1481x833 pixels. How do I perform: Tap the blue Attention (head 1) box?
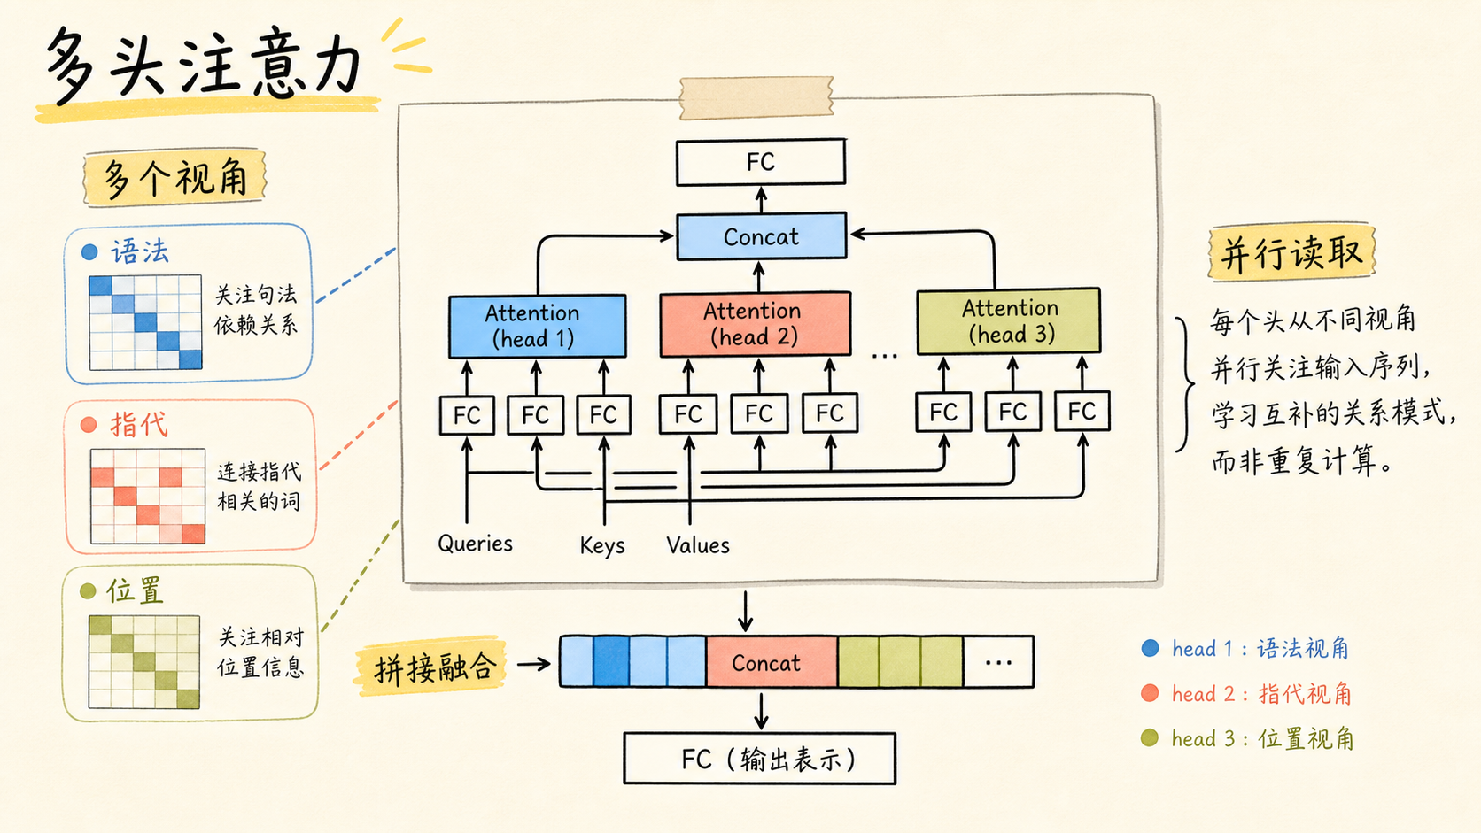[x=537, y=327]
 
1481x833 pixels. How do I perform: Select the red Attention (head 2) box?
[x=755, y=324]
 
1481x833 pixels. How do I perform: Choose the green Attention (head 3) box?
[x=1008, y=321]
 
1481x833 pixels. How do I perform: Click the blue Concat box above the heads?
[x=761, y=235]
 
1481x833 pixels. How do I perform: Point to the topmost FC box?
[x=760, y=162]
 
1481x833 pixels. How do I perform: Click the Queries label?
[x=475, y=544]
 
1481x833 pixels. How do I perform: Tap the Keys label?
[x=601, y=545]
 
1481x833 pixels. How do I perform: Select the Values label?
[x=697, y=545]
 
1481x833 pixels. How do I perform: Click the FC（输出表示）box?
[x=760, y=759]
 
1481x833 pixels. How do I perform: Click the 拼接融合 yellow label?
[x=433, y=667]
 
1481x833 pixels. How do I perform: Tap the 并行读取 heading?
[x=1291, y=253]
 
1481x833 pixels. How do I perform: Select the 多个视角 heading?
[x=174, y=178]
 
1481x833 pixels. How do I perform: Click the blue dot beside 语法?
[x=89, y=251]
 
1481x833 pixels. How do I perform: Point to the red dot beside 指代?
[x=89, y=425]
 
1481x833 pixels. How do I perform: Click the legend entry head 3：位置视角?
[x=1247, y=738]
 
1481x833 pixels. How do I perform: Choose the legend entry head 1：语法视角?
[x=1245, y=648]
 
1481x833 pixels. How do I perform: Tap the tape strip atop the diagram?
[x=756, y=97]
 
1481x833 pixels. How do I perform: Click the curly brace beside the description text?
[x=1185, y=384]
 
